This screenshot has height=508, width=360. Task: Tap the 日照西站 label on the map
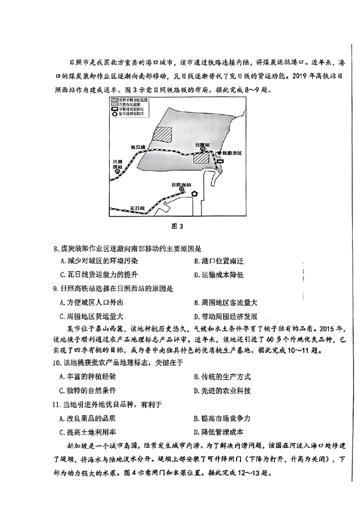tap(117, 164)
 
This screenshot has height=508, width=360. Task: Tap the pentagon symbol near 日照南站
tap(194, 193)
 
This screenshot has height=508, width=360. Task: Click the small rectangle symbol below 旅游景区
tap(220, 161)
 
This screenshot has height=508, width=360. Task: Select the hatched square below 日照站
tap(201, 159)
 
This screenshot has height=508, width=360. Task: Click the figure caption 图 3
tap(177, 226)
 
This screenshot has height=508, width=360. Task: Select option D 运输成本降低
tap(219, 275)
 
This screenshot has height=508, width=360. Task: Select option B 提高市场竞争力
tap(222, 419)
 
